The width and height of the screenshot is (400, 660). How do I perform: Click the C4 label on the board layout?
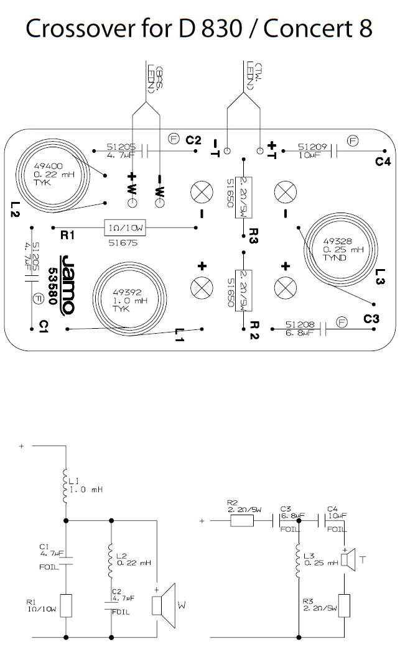[383, 162]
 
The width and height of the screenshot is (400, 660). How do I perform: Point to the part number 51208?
[297, 324]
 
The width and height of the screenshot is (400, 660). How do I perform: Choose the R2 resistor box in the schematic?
[243, 520]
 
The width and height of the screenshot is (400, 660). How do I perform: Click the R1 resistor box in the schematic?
[66, 604]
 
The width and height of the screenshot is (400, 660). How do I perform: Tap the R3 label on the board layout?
[253, 238]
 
